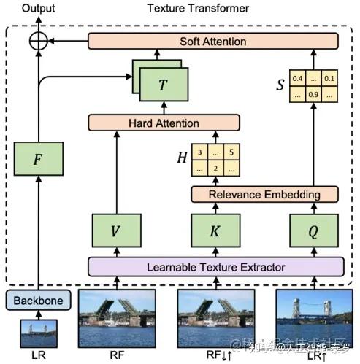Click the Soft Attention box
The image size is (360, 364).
(x=214, y=41)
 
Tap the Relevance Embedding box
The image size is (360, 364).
(x=265, y=194)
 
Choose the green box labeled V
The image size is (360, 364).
(x=115, y=231)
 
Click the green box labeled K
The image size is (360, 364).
(x=215, y=231)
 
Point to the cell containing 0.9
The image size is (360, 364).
(x=315, y=94)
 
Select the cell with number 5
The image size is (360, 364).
(x=231, y=153)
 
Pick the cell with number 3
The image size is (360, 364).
(x=198, y=153)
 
